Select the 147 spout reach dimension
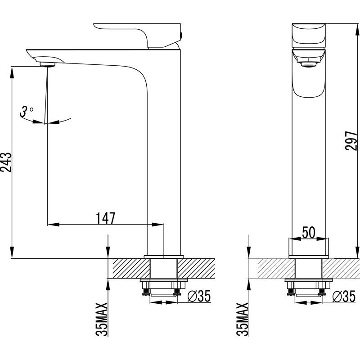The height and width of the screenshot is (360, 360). coord(106,218)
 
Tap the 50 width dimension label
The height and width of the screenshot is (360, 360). coord(308,232)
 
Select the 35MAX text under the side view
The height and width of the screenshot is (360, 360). coord(103,319)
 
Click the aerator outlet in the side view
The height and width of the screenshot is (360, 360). coord(48,64)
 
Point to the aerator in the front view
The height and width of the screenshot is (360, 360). coord(309,66)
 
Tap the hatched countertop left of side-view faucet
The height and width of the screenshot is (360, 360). coord(128,269)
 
